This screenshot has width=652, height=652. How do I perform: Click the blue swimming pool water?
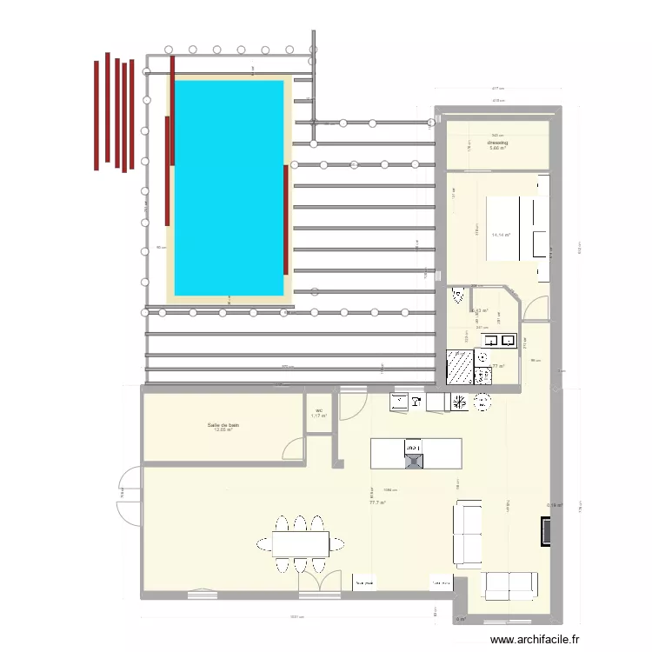pyautogui.click(x=229, y=187)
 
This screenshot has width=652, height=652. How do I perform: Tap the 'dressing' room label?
pyautogui.click(x=498, y=142)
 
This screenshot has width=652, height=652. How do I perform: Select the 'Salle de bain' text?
pyautogui.click(x=223, y=425)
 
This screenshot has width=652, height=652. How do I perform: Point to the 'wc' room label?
pyautogui.click(x=319, y=410)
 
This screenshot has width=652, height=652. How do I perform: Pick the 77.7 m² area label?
pyautogui.click(x=377, y=502)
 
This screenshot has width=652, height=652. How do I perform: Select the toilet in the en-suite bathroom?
pyautogui.click(x=457, y=297)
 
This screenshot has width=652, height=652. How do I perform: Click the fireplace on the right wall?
pyautogui.click(x=546, y=532)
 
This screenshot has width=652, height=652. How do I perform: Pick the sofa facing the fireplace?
pyautogui.click(x=468, y=534)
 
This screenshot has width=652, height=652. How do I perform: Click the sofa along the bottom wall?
pyautogui.click(x=510, y=586)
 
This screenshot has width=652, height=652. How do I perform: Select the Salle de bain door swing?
pyautogui.click(x=294, y=448)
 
